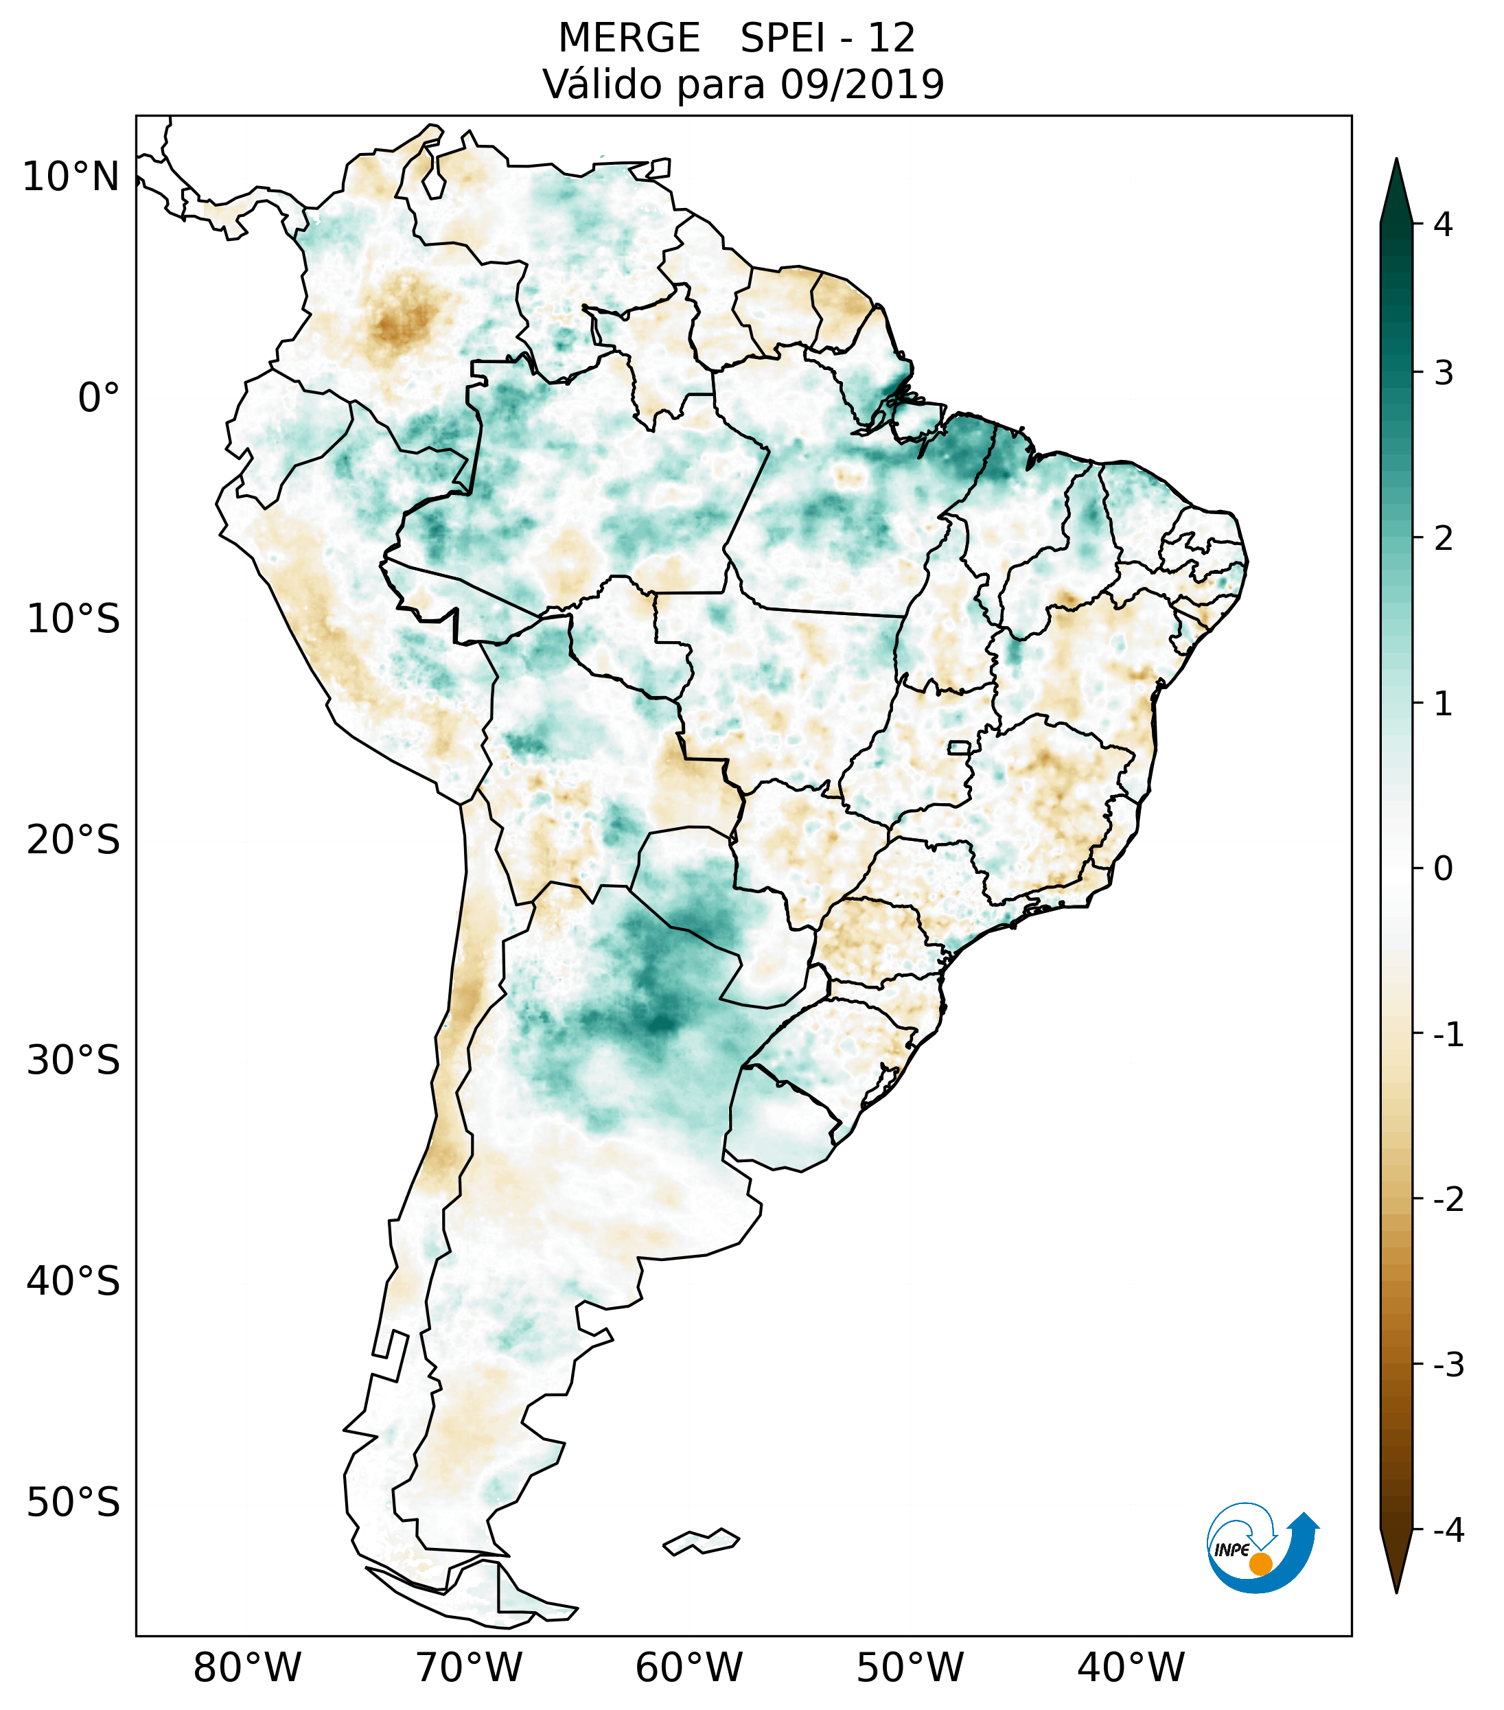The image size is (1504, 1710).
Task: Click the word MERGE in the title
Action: pos(628,38)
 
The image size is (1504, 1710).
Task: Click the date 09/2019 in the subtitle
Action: pos(862,84)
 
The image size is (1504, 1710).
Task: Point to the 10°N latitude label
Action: pos(71,177)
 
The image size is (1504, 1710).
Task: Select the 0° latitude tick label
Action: pos(99,398)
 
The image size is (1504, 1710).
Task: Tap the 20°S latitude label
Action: pos(73,840)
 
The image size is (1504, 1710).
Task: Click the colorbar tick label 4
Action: pos(1443,224)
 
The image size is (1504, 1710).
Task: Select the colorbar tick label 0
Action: pos(1443,869)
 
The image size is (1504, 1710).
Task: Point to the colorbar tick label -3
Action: pos(1448,1365)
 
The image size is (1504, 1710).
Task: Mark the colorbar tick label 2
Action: pos(1443,539)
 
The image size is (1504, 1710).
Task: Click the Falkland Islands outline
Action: pos(701,1541)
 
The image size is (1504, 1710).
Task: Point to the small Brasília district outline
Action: pos(958,747)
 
